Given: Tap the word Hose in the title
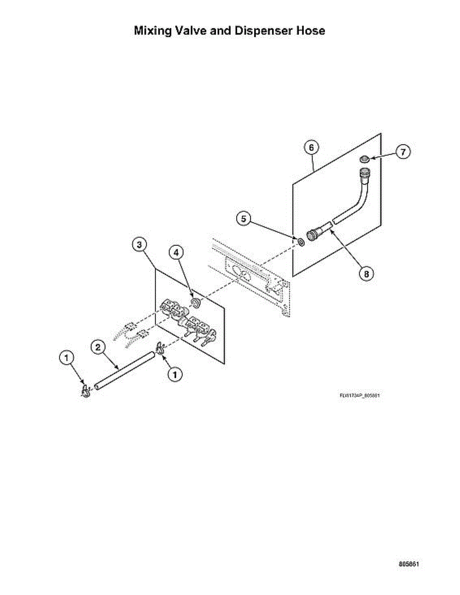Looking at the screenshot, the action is click(x=311, y=31).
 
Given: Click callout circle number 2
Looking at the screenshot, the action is click(x=98, y=346).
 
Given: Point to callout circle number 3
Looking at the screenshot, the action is click(x=139, y=244).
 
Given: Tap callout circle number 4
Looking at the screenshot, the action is click(x=176, y=252).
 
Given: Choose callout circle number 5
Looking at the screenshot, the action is click(x=243, y=218).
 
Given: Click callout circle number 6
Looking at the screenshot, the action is click(x=311, y=147).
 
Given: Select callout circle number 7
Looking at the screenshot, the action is click(x=402, y=152).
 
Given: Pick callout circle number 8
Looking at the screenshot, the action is click(x=366, y=273).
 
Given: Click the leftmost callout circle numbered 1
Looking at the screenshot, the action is click(x=67, y=357).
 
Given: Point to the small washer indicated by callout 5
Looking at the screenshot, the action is click(x=301, y=242).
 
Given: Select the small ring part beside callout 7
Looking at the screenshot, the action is click(x=364, y=159).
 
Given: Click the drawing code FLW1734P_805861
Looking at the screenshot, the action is click(x=360, y=395).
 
